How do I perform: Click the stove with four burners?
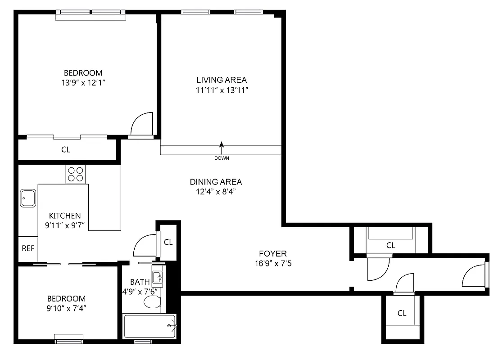click(76, 174)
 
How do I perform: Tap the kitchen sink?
click(28, 198)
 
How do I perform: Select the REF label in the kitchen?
click(28, 248)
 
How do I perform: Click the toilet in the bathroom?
click(153, 302)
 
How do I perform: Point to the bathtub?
click(150, 327)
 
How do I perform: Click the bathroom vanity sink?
click(157, 277)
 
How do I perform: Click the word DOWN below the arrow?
click(222, 158)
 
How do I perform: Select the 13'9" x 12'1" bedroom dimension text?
click(83, 83)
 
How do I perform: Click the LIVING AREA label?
click(222, 80)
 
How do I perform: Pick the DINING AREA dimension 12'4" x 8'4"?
click(216, 192)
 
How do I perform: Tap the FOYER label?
click(272, 254)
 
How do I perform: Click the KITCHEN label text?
click(65, 216)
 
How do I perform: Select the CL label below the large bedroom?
click(66, 150)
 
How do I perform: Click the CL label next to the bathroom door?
click(168, 242)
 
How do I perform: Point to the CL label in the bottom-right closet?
click(402, 313)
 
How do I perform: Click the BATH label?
click(140, 282)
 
